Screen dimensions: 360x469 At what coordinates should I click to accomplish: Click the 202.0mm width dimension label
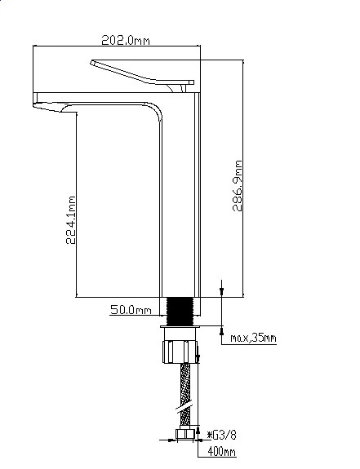pos(126,40)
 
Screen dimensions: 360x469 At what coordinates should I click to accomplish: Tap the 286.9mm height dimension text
pos(238,186)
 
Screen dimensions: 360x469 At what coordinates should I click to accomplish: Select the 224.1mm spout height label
pos(71,220)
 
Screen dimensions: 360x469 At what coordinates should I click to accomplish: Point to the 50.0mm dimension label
pos(131,310)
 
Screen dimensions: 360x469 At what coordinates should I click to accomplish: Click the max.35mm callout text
pos(253,338)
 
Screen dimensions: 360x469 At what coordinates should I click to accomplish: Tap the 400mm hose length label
pos(222,452)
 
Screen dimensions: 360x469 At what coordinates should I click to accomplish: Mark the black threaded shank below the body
pos(180,311)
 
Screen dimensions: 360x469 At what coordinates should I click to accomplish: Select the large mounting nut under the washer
pos(180,352)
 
